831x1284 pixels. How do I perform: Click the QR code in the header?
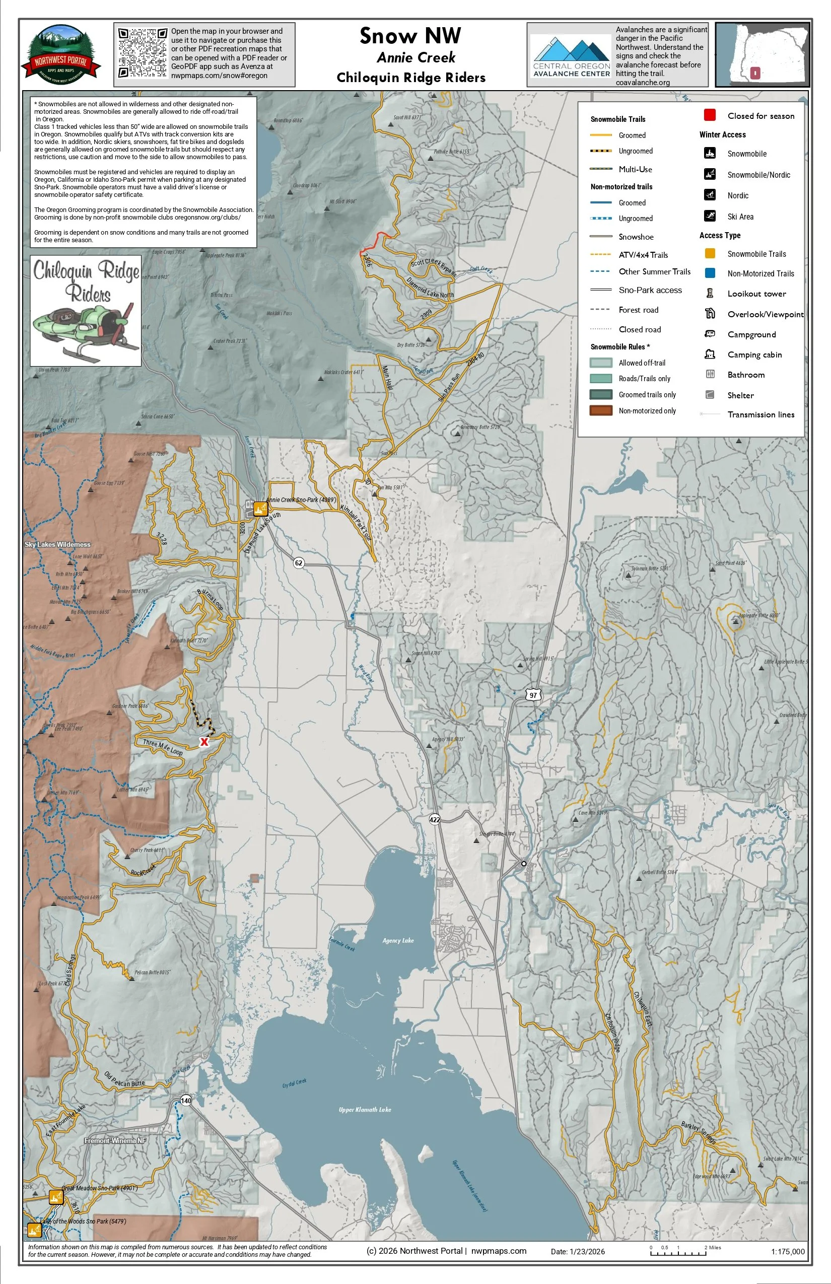(143, 53)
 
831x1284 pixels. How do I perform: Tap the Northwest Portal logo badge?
(61, 54)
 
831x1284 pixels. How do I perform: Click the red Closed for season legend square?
(710, 115)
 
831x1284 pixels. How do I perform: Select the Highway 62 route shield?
(298, 563)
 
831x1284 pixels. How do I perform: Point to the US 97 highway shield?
(533, 695)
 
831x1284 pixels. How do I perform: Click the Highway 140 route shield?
(186, 1100)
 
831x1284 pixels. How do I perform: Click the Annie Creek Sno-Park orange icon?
(260, 508)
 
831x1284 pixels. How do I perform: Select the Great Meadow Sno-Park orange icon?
(56, 1196)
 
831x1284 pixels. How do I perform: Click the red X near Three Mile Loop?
(204, 742)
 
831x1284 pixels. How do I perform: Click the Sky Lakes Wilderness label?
(58, 544)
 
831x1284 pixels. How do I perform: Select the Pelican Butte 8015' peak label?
(152, 972)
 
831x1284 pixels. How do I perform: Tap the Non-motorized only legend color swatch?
(600, 410)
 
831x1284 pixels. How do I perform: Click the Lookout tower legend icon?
(710, 294)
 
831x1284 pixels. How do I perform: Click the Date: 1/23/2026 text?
(577, 1252)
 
